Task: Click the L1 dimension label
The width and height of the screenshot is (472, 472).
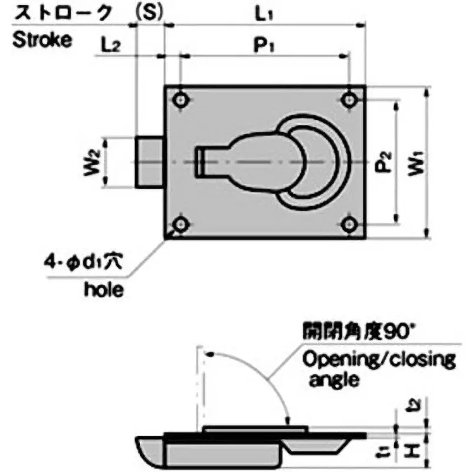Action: coord(264,14)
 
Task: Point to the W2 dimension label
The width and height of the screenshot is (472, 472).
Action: coord(91,163)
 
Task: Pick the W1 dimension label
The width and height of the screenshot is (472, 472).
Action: coord(417,163)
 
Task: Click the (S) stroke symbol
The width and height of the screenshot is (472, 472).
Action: coord(148,12)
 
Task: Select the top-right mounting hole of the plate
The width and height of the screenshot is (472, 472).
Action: coord(351,100)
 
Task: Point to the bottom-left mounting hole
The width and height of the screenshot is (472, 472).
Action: coord(181,224)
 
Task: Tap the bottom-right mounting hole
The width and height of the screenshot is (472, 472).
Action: coord(351,224)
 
